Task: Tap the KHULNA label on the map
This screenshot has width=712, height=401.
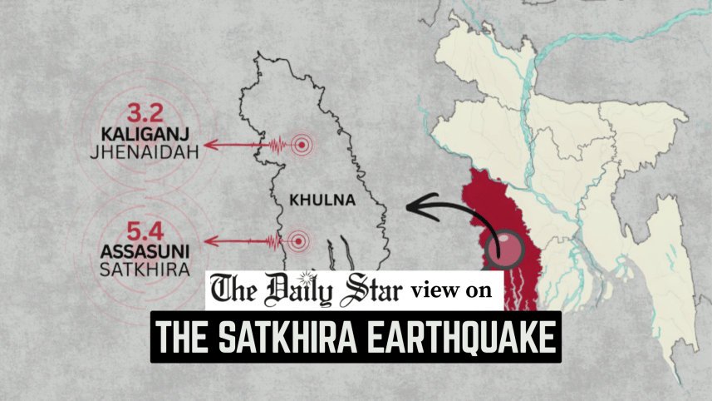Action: pyautogui.click(x=322, y=200)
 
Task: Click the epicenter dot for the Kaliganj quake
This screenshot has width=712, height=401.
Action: pyautogui.click(x=304, y=145)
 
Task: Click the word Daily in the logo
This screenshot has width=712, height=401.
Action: pyautogui.click(x=295, y=291)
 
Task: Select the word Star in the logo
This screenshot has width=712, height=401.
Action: pyautogui.click(x=370, y=291)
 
